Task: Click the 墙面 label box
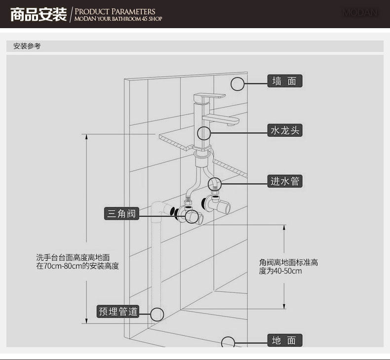point(284,81)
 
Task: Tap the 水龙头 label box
point(284,130)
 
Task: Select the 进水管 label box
point(285,181)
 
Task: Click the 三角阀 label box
point(121,213)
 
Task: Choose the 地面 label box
point(284,340)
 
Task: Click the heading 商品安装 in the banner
point(39,14)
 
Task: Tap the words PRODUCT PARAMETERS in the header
point(115,11)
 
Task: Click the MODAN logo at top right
point(360,13)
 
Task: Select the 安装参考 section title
point(27,46)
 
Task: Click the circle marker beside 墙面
point(238,84)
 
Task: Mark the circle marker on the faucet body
point(204,133)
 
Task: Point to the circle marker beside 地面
point(228,342)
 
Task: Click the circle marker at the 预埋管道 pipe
point(157,314)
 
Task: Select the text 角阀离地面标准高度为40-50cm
point(288,267)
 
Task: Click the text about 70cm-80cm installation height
point(78,262)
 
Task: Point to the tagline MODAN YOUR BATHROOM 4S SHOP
point(118,19)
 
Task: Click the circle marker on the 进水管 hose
point(215,184)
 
